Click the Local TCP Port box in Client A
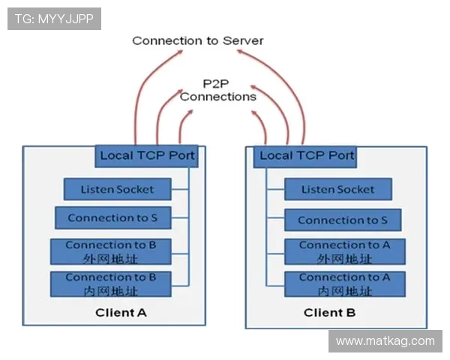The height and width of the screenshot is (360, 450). tap(147, 156)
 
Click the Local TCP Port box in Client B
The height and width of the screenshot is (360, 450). tap(305, 156)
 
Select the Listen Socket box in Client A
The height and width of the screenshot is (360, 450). tap(118, 189)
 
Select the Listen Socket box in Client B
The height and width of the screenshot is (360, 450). tap(338, 189)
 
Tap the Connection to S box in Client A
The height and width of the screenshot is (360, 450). tap(112, 218)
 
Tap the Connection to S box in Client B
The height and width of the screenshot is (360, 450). tap(343, 220)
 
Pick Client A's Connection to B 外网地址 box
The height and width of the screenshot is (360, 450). tap(111, 251)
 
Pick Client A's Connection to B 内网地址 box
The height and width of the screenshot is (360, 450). tap(111, 283)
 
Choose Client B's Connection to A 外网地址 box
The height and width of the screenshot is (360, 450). tap(345, 251)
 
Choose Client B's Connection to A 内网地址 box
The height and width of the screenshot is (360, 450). tap(345, 283)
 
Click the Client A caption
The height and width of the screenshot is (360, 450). tap(121, 312)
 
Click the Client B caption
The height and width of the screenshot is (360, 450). tap(330, 312)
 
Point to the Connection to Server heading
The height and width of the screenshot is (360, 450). tap(198, 40)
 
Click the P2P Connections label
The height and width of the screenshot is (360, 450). tap(218, 90)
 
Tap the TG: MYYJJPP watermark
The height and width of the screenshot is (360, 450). tap(54, 19)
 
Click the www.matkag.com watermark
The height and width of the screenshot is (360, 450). tap(385, 341)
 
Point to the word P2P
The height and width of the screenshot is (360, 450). tap(217, 83)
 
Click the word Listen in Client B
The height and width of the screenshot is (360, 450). tap(317, 189)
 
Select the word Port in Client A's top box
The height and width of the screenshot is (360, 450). tap(181, 156)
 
